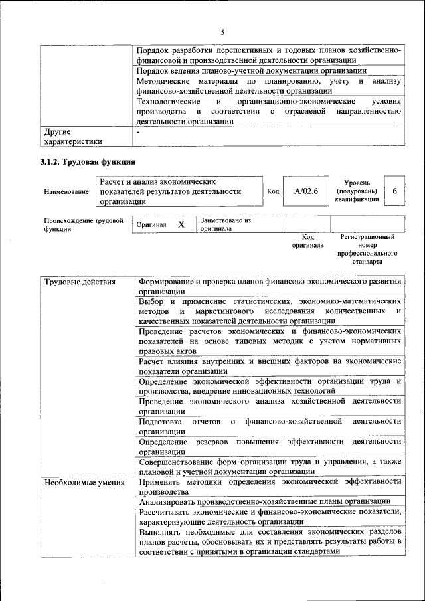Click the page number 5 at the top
222,31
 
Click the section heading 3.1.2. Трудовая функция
90,161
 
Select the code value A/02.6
306,191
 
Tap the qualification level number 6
394,191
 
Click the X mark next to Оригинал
181,225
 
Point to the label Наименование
66,192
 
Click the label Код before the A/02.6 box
272,191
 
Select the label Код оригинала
307,240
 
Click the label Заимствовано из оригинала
225,224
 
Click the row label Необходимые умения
84,482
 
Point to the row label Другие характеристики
73,136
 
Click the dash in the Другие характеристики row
138,131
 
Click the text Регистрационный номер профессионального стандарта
367,249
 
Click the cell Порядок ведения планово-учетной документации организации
250,70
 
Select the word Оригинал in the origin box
151,225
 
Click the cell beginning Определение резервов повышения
270,446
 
